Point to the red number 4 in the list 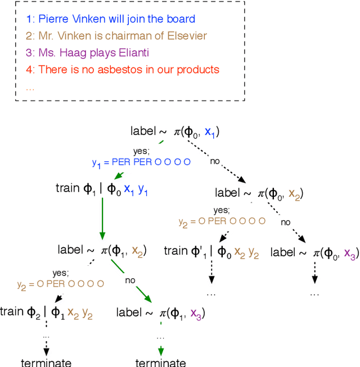(29, 70)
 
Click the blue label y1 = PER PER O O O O (141, 162)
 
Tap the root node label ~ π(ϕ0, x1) (174, 132)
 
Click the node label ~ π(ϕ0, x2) (259, 193)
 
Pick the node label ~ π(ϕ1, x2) (102, 249)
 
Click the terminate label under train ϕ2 (46, 362)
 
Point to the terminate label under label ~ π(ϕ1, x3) (161, 362)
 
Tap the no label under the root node (214, 161)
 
